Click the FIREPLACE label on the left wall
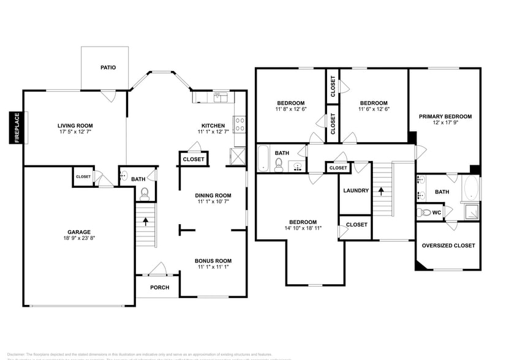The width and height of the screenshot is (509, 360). point(17,127)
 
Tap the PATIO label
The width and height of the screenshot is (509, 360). point(108,68)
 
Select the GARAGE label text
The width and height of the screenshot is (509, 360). point(79,232)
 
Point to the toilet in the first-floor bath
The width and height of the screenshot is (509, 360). point(145,194)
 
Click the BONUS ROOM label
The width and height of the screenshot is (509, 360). point(213,261)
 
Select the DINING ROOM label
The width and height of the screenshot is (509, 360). point(213,195)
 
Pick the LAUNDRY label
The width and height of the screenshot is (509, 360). point(356,190)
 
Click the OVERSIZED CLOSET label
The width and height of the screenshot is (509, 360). point(448,246)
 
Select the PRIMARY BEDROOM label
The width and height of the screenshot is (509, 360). point(445,116)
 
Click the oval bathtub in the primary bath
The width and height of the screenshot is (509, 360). point(470,188)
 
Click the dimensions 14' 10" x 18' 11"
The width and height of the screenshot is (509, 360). point(303,228)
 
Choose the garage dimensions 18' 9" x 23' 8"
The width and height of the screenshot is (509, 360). point(79,239)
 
